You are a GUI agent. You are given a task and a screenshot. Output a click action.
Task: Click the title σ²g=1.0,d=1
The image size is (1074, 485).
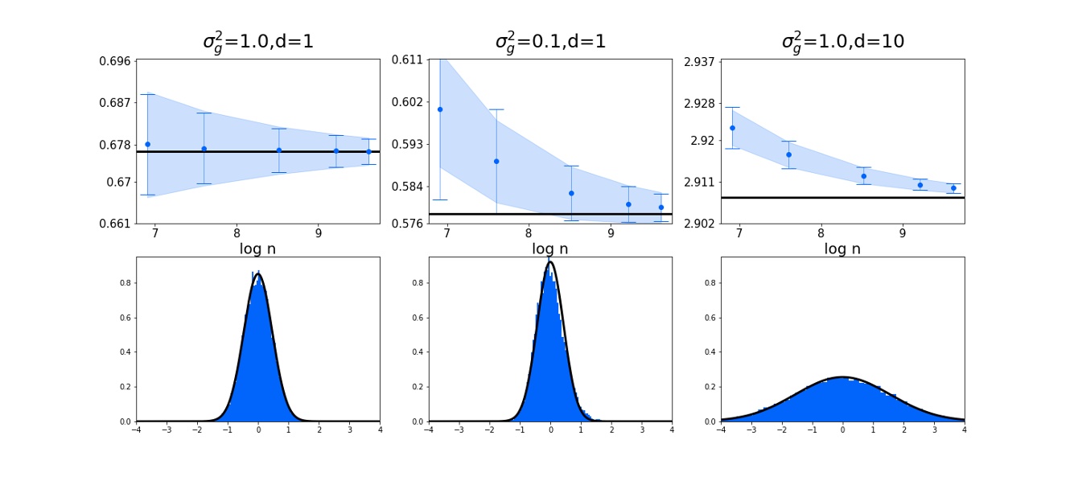pos(257,41)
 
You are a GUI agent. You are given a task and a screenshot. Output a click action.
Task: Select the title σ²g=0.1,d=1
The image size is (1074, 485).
pos(550,41)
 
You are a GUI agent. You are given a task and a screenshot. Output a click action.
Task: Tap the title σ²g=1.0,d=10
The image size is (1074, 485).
pos(842,41)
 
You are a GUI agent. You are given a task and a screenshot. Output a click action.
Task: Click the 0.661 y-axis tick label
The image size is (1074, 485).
pos(116,224)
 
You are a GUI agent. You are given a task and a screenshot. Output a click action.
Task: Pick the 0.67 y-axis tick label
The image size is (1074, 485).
pos(119,182)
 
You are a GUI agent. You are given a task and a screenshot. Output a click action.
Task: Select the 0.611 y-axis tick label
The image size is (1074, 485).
pos(408,60)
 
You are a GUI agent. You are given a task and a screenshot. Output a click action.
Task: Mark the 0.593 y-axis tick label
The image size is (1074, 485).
pos(408,145)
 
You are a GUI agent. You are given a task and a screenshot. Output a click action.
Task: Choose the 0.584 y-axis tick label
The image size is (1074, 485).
pos(408,187)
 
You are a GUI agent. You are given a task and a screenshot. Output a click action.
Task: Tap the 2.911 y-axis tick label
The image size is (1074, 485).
pos(701,182)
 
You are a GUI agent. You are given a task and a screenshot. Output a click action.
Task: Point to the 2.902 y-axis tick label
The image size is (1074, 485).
pos(701,224)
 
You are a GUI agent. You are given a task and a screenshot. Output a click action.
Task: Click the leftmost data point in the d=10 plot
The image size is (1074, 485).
pos(732,128)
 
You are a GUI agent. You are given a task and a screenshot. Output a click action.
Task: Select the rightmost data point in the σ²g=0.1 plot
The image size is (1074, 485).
pos(661,208)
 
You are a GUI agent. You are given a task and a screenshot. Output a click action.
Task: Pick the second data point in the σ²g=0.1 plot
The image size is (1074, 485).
pos(496,162)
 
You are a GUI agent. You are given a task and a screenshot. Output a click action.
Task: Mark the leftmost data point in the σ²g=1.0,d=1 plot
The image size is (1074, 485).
pos(147,144)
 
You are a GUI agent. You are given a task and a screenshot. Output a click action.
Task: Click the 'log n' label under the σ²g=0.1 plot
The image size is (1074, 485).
pos(550,249)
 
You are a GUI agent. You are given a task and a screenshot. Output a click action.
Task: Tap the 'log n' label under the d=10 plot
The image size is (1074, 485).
pos(842,249)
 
